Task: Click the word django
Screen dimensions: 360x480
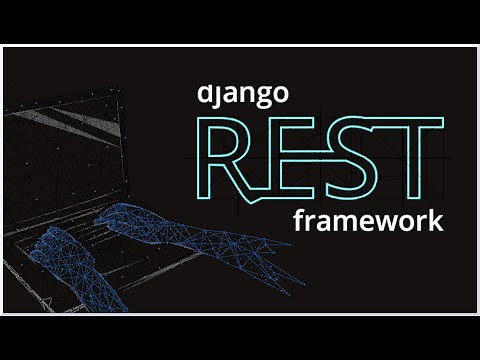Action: pos(243,95)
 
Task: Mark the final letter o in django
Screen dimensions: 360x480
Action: pos(281,96)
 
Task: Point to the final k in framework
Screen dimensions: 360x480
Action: pos(434,219)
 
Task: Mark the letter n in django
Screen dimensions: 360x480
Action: pos(248,96)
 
